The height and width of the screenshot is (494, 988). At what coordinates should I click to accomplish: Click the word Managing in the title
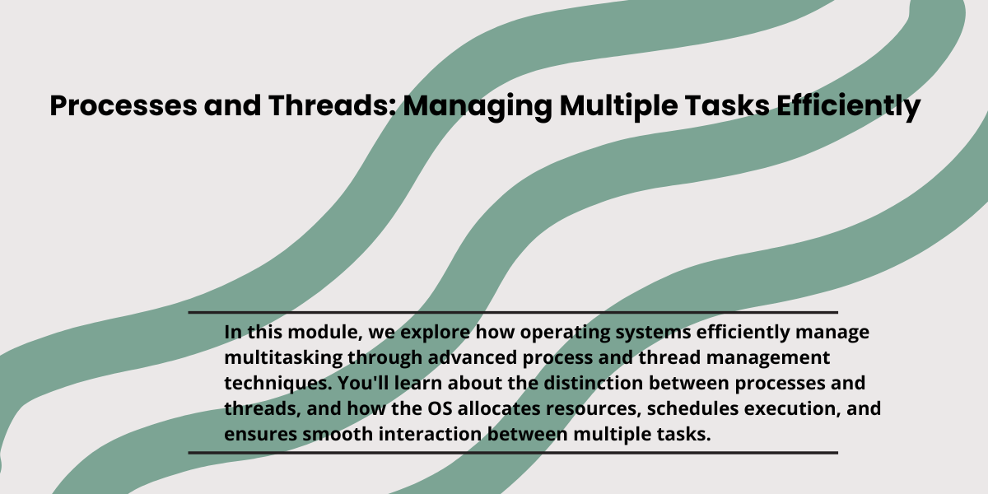coord(478,107)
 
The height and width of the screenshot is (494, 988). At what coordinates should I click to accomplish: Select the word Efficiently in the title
coord(848,107)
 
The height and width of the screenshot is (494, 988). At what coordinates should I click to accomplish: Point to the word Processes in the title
coord(123,106)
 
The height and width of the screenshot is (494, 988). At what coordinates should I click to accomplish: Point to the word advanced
coord(473,357)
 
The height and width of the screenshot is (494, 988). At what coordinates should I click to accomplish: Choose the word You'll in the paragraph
coord(363,384)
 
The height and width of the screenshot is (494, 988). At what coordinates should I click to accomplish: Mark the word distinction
coord(594,384)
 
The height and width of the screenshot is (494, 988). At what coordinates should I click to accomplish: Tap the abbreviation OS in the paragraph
coord(440,409)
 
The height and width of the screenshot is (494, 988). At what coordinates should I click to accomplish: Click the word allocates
coord(499,409)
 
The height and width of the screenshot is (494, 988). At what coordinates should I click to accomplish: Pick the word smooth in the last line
coord(338,435)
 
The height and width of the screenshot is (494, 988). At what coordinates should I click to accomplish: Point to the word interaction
coord(430,435)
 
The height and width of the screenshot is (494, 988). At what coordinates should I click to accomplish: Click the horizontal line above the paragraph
coord(513,313)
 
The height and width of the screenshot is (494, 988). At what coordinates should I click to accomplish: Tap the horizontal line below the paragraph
coord(513,453)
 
